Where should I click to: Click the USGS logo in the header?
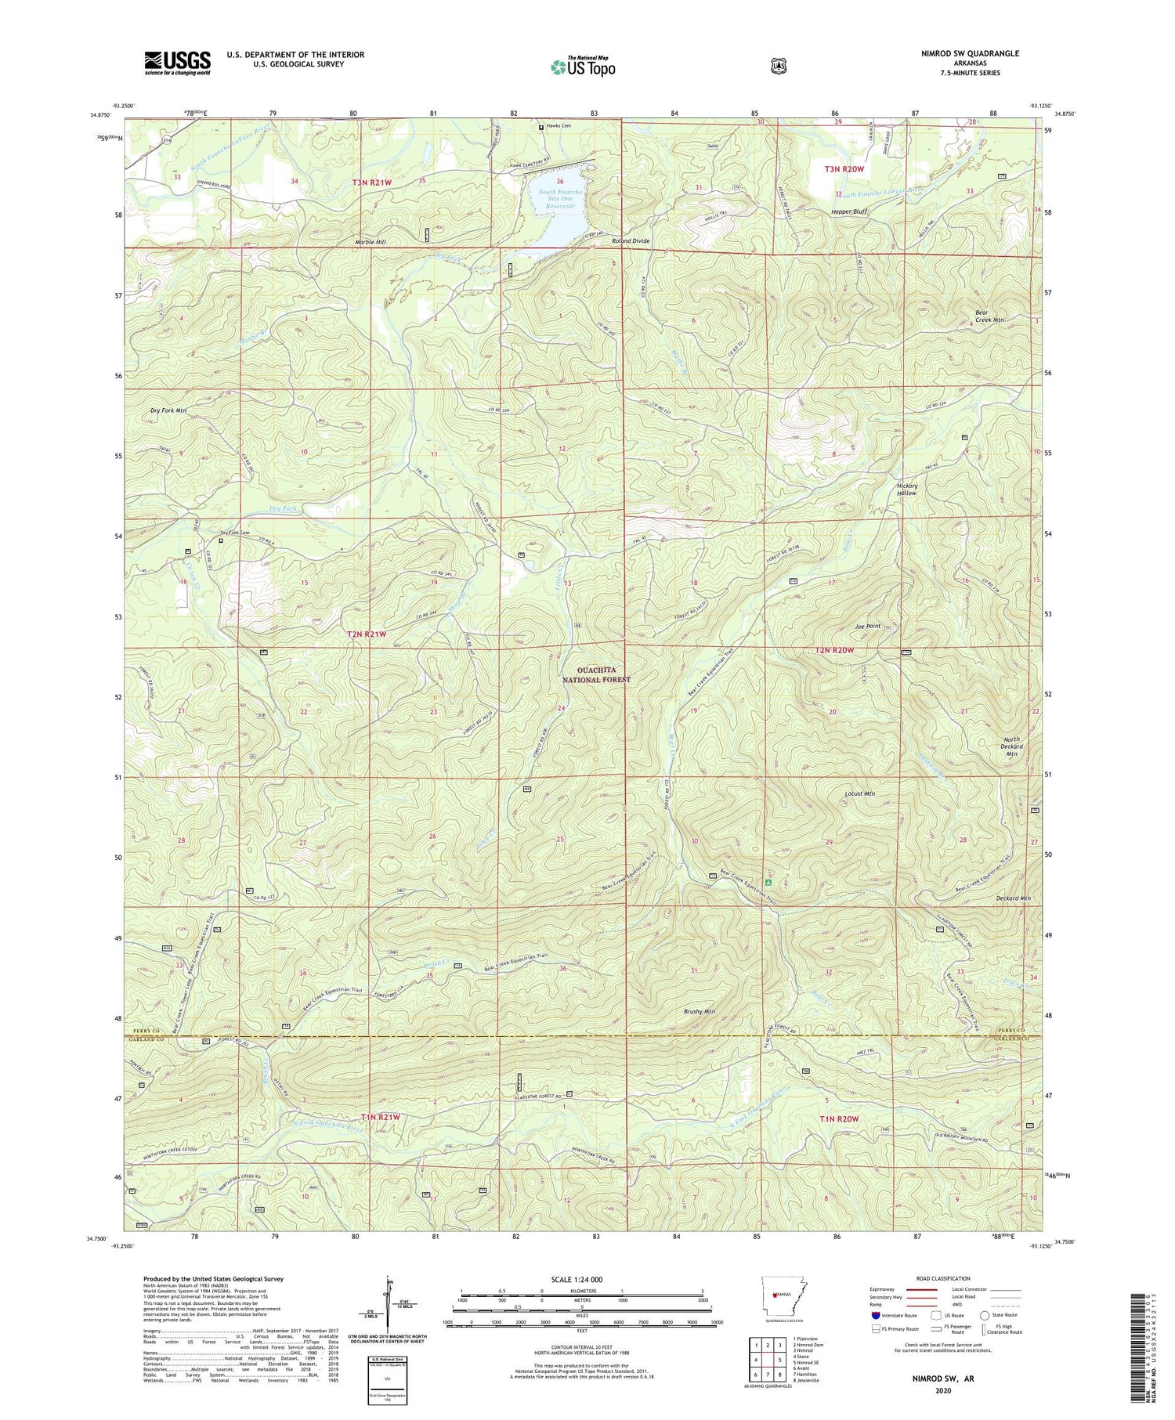point(177,63)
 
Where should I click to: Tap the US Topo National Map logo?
point(583,66)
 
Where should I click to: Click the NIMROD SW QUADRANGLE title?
point(971,53)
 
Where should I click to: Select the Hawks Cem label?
point(559,126)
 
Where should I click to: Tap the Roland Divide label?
point(631,241)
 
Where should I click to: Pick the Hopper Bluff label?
point(850,212)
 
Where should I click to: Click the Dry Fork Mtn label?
point(168,410)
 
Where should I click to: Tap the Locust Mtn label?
point(859,793)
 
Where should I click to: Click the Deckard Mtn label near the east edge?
point(1014,898)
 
